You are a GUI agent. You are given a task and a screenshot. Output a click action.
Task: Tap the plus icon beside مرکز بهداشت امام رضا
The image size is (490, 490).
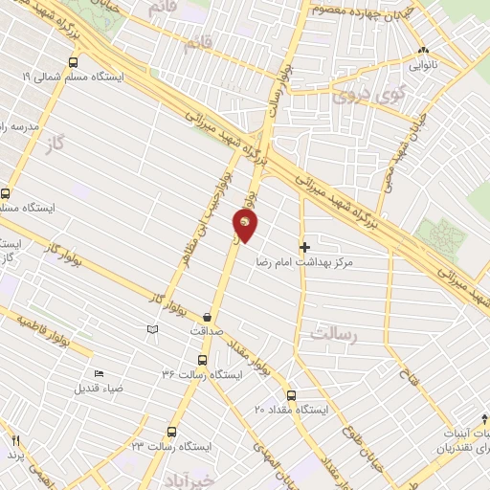304,247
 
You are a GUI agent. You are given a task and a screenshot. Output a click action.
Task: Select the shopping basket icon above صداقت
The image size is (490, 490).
207,317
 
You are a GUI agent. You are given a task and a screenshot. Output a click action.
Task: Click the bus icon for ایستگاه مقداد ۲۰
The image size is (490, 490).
291,394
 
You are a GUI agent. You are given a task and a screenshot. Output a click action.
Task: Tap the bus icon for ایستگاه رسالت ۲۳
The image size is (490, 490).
172,431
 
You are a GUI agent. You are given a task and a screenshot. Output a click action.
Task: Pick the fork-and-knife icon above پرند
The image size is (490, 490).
15,440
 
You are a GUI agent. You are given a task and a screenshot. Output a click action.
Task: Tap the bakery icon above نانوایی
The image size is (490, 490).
423,51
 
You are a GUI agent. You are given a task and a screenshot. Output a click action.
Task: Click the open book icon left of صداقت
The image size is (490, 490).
150,329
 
